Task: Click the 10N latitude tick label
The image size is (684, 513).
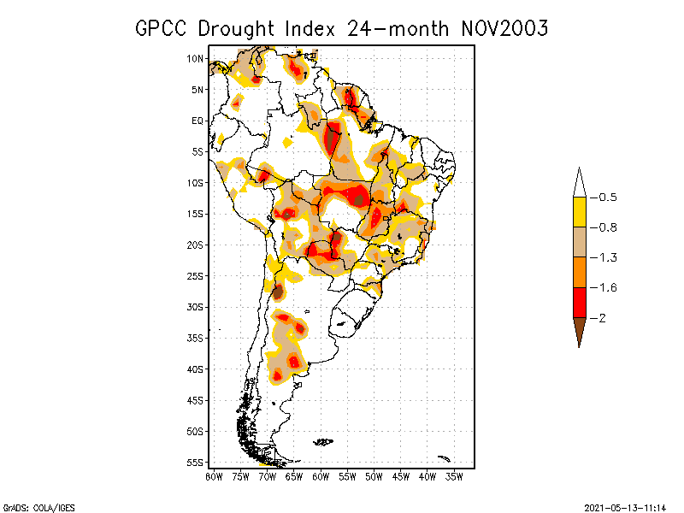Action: point(195,58)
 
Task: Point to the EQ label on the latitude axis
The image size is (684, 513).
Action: point(198,121)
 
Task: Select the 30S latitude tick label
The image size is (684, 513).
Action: point(195,307)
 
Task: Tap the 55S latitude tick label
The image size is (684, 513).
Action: point(195,463)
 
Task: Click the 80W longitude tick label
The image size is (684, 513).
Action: point(214,476)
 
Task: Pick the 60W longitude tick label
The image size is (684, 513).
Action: point(321,476)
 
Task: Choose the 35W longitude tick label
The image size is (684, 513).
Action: point(454,476)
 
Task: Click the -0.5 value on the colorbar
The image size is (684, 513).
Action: point(608,198)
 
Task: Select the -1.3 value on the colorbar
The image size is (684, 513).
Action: point(608,257)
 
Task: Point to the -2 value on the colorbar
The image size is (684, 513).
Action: point(604,317)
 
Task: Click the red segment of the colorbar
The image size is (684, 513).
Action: point(579,302)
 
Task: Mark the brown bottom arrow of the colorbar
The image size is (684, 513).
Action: point(579,330)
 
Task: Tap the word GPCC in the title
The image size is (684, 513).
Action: point(162,28)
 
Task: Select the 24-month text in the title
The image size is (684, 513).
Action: point(398,28)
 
